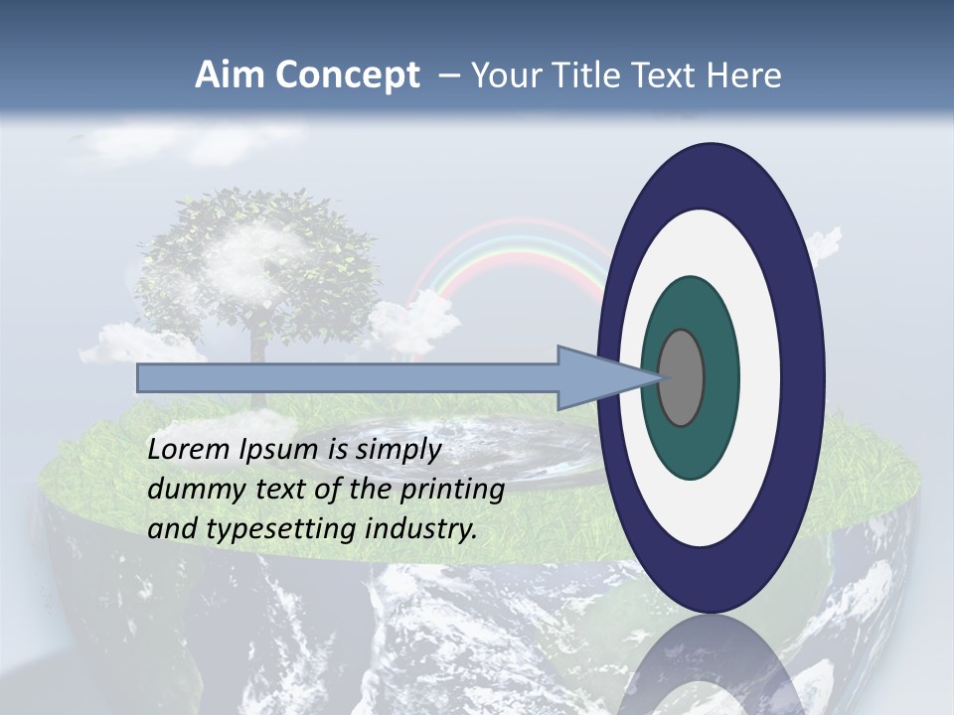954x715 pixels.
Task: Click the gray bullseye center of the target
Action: (x=682, y=377)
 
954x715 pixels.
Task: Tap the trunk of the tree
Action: (x=259, y=343)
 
